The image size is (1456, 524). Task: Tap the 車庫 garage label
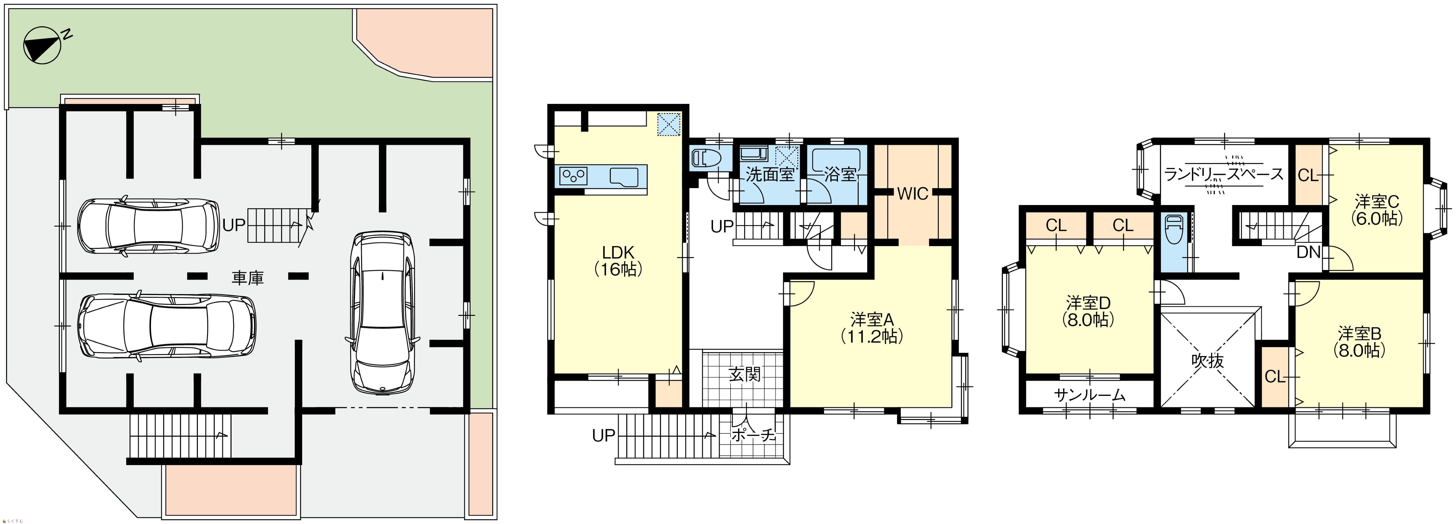(248, 277)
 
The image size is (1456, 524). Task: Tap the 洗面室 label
(770, 175)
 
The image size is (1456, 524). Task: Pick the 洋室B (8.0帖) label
(1359, 341)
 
